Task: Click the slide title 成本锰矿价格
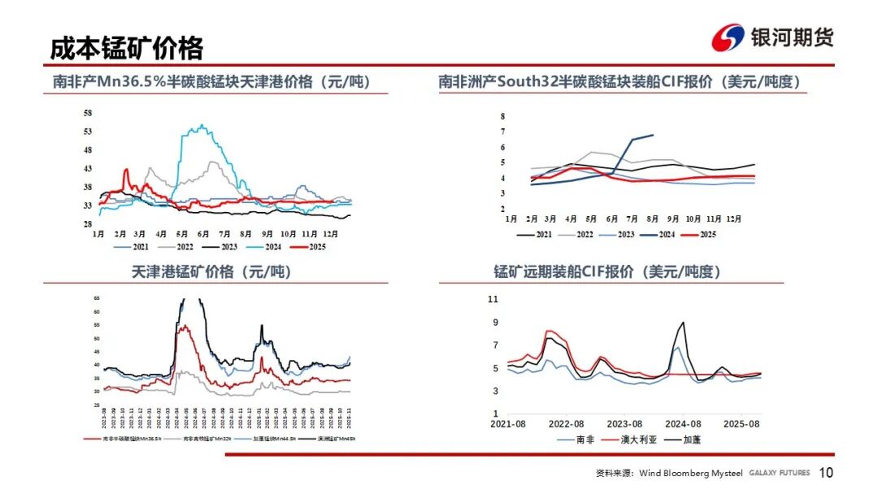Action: pos(127,48)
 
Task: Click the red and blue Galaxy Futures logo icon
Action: pos(728,37)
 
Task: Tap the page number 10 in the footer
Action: pos(826,474)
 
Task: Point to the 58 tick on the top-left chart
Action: pos(87,113)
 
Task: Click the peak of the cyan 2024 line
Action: pos(200,126)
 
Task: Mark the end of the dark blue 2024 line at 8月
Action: pos(653,135)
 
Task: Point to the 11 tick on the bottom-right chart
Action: pos(492,299)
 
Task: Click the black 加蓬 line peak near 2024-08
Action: pos(682,323)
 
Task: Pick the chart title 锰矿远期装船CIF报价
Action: pos(607,272)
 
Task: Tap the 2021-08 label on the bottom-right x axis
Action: pos(508,424)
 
